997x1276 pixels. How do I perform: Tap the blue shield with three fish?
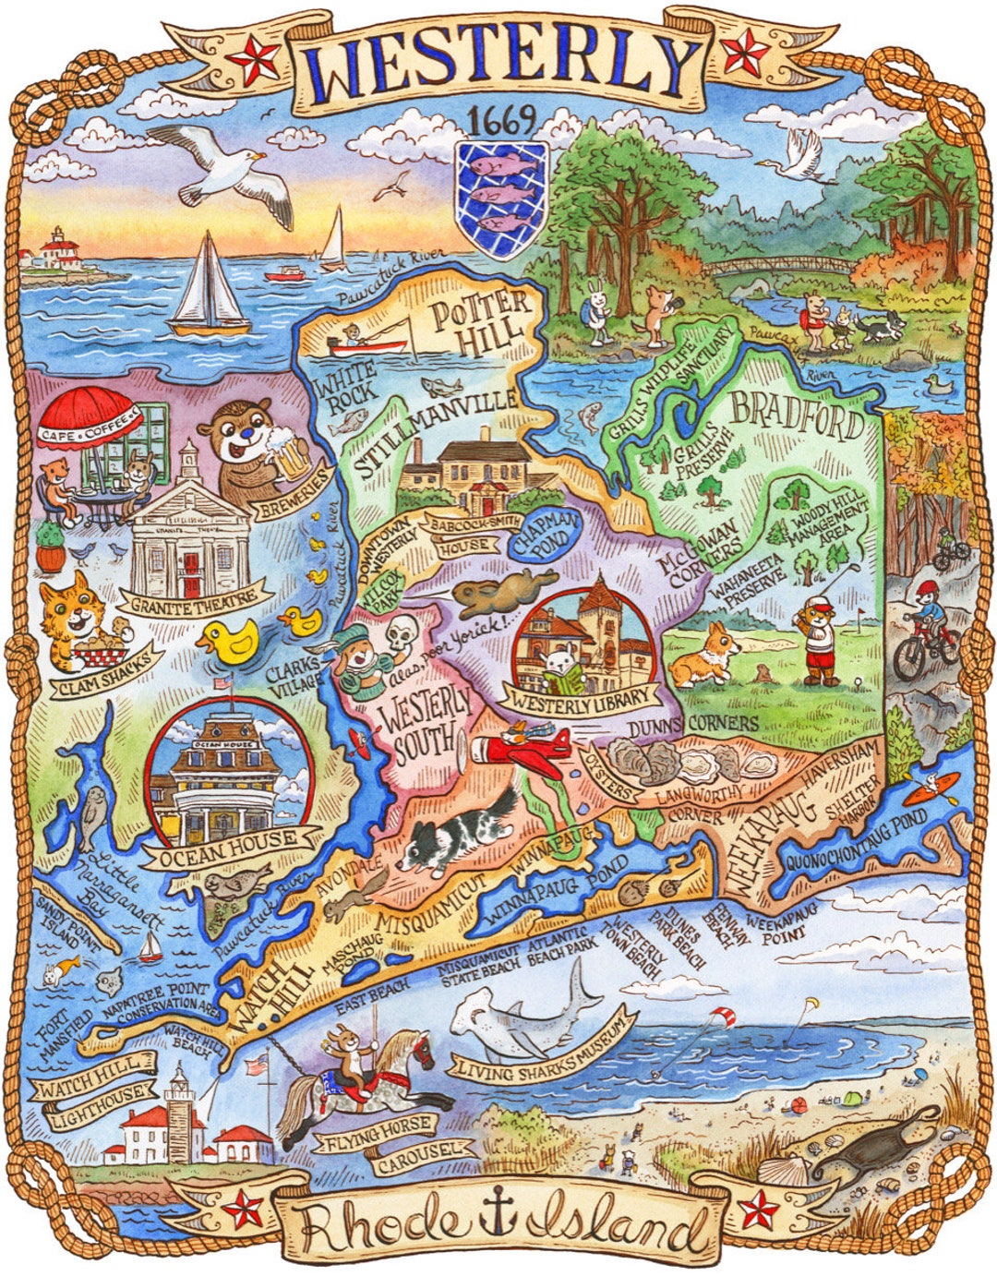[x=502, y=198]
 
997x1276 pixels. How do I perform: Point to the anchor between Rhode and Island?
[x=499, y=1221]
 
